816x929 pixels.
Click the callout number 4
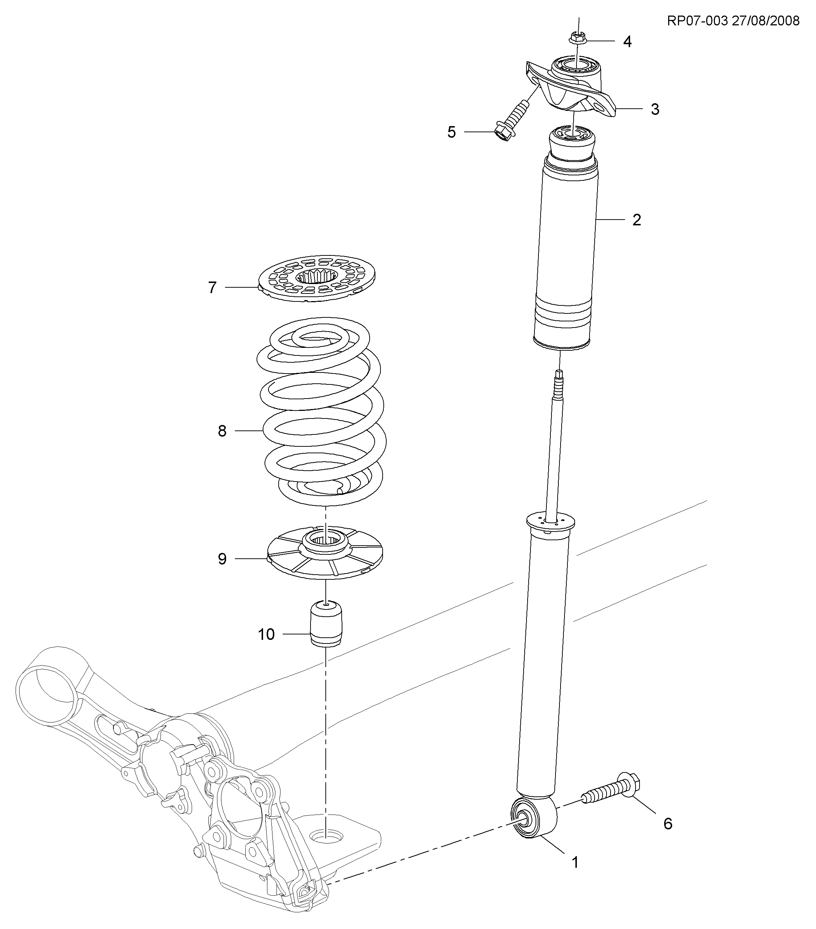coord(627,42)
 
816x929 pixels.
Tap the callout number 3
coord(655,109)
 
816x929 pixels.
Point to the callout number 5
coord(451,132)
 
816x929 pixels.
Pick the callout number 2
coord(636,220)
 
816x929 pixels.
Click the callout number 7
coord(212,288)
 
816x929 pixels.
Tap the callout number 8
coord(222,431)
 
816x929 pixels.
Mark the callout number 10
coord(266,634)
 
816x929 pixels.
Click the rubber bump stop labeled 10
coord(326,622)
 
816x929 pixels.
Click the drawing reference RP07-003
coord(698,21)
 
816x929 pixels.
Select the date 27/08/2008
coord(766,21)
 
